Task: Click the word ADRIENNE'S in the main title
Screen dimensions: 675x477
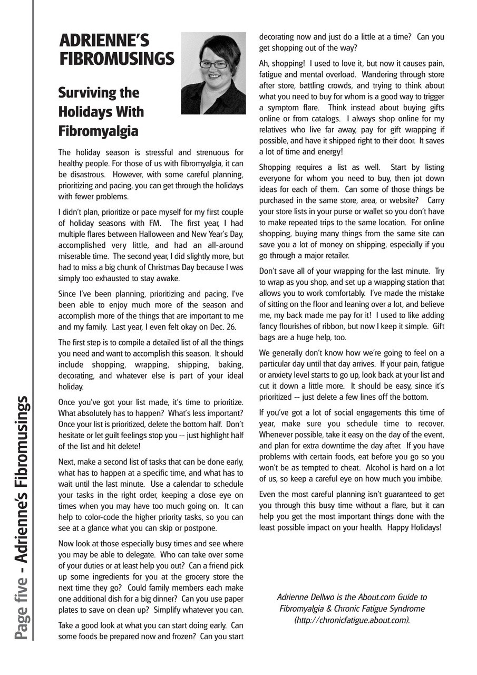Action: click(x=104, y=41)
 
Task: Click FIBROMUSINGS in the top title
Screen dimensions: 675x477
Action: click(x=116, y=59)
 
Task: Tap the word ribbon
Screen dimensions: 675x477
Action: click(x=344, y=326)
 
